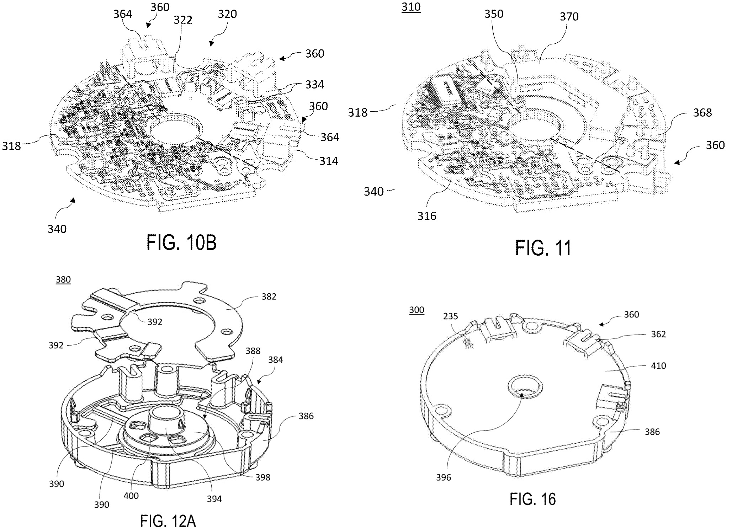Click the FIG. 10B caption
click(x=181, y=243)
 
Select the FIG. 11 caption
click(x=543, y=248)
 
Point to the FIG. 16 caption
click(x=532, y=499)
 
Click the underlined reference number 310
click(x=411, y=7)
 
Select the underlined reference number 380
click(x=63, y=280)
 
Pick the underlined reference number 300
click(x=417, y=310)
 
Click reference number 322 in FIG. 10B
click(x=183, y=20)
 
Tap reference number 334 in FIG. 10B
click(x=315, y=85)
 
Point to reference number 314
click(x=328, y=161)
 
